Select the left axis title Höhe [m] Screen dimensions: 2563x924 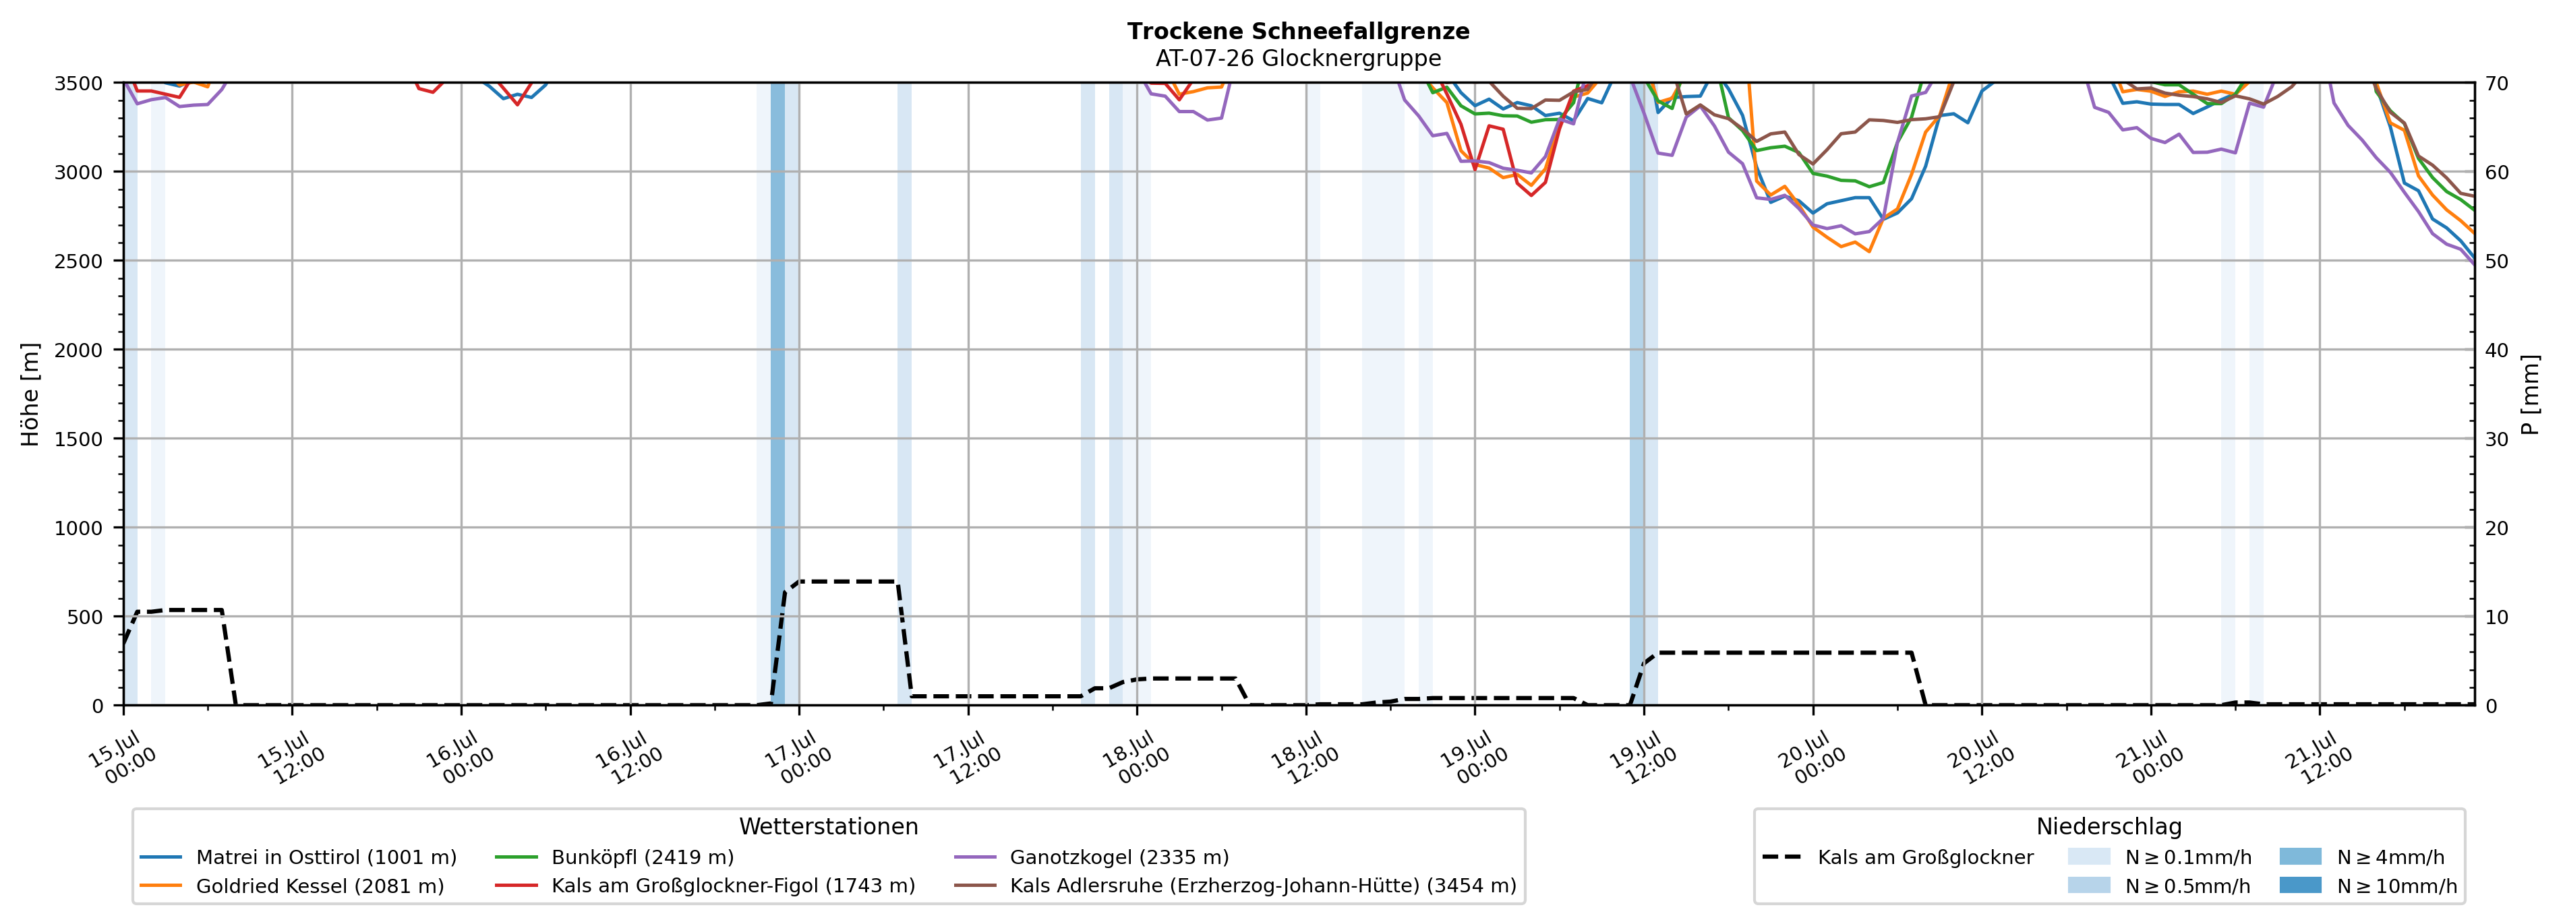tap(30, 394)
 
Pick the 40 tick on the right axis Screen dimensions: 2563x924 tap(2496, 350)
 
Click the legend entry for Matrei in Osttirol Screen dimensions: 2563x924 tap(299, 857)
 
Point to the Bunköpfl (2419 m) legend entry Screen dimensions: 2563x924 tap(615, 857)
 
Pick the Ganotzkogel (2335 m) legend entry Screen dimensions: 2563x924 tap(1092, 857)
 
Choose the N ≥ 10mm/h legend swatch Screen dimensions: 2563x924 tap(2300, 885)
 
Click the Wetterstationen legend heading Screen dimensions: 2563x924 tap(828, 826)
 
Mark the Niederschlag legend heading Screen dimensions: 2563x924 tap(2109, 826)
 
